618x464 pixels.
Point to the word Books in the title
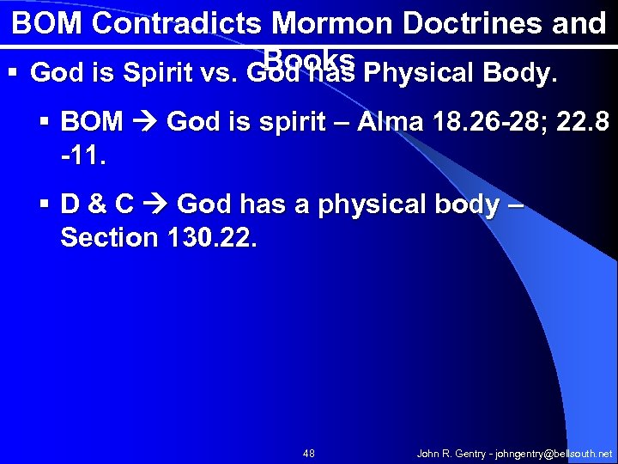[x=310, y=58]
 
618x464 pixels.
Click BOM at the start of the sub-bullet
[x=92, y=122]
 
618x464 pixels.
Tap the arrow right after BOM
[x=145, y=122]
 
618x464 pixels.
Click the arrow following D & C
[x=155, y=205]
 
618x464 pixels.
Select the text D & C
[x=97, y=205]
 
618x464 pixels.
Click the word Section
[x=106, y=237]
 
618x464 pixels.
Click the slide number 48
[x=309, y=453]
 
